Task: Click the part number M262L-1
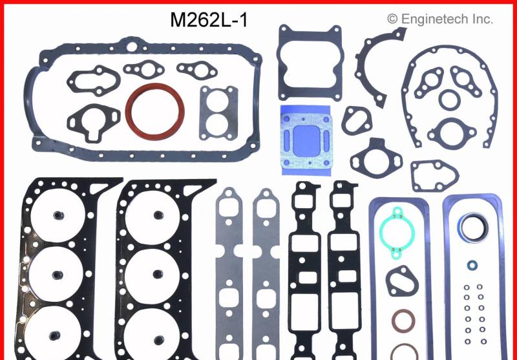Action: pyautogui.click(x=209, y=19)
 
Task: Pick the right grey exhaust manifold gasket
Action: pyautogui.click(x=266, y=271)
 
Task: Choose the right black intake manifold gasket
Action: pyautogui.click(x=343, y=271)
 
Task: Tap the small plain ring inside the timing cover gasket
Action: pyautogui.click(x=447, y=100)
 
